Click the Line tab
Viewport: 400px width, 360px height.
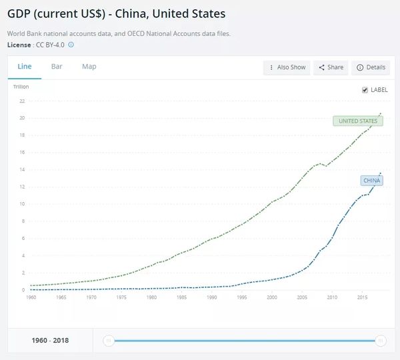pyautogui.click(x=24, y=67)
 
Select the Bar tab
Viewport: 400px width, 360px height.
pyautogui.click(x=57, y=67)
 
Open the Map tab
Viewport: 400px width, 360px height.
pyautogui.click(x=89, y=67)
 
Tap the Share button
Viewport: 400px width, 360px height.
pyautogui.click(x=331, y=67)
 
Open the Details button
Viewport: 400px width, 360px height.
pyautogui.click(x=371, y=67)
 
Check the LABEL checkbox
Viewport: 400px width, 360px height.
pyautogui.click(x=365, y=90)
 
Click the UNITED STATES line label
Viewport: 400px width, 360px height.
pyautogui.click(x=358, y=121)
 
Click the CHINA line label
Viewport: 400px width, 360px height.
pyautogui.click(x=371, y=180)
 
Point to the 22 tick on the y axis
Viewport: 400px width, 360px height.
pyautogui.click(x=22, y=101)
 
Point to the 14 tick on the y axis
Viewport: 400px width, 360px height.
pyautogui.click(x=22, y=169)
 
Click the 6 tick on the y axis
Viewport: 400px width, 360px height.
pyautogui.click(x=23, y=238)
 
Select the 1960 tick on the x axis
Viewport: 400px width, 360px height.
pyautogui.click(x=31, y=297)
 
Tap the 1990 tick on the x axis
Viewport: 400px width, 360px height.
pyautogui.click(x=211, y=297)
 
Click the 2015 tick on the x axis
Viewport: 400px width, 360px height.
pyautogui.click(x=362, y=297)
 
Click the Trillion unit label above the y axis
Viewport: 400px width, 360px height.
pyautogui.click(x=21, y=87)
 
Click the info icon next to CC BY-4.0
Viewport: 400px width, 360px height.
pyautogui.click(x=71, y=45)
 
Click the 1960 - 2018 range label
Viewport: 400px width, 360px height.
pyautogui.click(x=50, y=341)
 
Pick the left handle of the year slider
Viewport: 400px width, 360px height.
pyautogui.click(x=107, y=341)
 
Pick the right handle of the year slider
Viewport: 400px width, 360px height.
pyautogui.click(x=381, y=341)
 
